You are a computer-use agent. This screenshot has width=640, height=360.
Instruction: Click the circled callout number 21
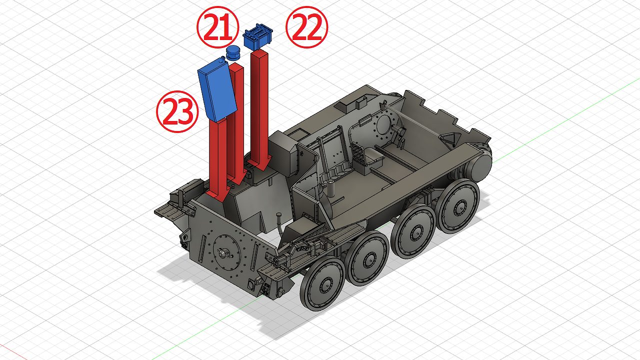[217, 27]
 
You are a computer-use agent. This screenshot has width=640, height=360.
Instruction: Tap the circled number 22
[307, 27]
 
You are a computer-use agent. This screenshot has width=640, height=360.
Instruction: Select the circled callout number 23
[177, 111]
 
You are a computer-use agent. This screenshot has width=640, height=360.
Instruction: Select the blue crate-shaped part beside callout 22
[257, 37]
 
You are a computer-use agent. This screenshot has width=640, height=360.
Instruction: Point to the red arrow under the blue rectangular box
[218, 160]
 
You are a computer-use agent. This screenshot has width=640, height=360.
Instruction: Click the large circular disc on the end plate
[226, 252]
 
